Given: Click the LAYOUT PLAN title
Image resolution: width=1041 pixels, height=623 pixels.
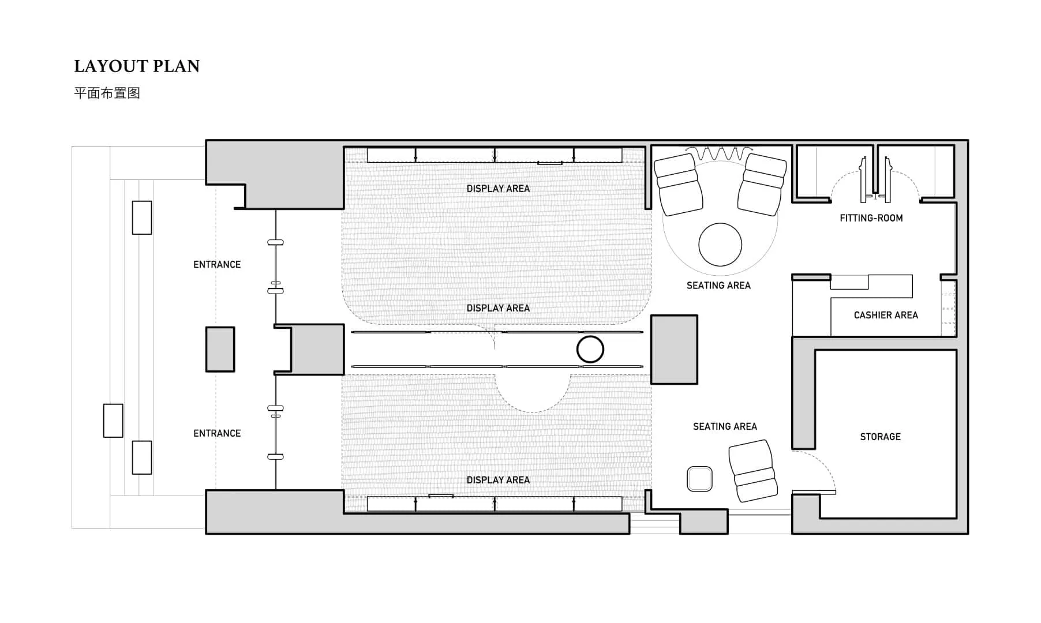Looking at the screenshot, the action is click(x=137, y=66).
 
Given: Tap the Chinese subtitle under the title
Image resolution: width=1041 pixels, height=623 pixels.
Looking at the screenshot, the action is click(x=107, y=93).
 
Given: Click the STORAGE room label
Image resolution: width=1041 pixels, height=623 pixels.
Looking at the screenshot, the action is click(x=880, y=437).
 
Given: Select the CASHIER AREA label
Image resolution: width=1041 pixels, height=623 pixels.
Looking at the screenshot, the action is click(x=886, y=315).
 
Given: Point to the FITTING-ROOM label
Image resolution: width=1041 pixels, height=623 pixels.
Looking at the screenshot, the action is click(x=871, y=218).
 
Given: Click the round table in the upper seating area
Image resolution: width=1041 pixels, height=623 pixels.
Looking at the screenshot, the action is click(x=720, y=245).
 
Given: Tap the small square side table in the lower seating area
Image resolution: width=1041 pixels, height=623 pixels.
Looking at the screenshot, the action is click(x=699, y=479).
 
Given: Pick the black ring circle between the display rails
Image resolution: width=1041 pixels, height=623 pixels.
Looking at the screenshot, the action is click(x=590, y=349).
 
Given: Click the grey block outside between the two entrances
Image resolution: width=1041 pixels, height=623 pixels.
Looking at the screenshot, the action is click(x=220, y=349).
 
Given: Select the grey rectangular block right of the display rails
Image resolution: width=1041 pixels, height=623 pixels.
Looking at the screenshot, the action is click(x=675, y=350).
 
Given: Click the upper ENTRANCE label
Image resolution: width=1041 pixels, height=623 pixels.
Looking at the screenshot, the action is click(x=217, y=265).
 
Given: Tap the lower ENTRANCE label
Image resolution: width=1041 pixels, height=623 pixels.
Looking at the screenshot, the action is click(x=217, y=433).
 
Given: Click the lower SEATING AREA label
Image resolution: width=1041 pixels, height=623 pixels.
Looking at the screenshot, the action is click(x=725, y=426).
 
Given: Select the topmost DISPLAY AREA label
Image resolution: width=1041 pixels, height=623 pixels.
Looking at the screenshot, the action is click(x=498, y=189).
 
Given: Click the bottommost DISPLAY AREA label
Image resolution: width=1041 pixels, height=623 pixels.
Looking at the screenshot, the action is click(x=498, y=480).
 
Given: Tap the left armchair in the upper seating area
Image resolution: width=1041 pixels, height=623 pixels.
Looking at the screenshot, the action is click(x=678, y=185).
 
